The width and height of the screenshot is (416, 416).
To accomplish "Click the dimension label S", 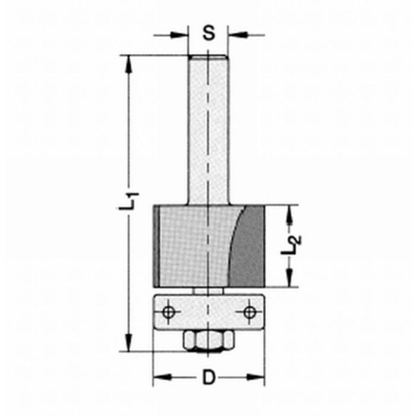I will click(x=207, y=33).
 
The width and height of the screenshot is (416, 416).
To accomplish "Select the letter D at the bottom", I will click(x=208, y=377).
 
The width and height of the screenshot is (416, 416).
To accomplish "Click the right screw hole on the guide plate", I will click(x=248, y=311).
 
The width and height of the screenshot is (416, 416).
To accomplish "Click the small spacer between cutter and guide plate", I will click(x=208, y=291).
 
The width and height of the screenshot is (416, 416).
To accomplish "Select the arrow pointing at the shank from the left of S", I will click(x=181, y=35).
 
